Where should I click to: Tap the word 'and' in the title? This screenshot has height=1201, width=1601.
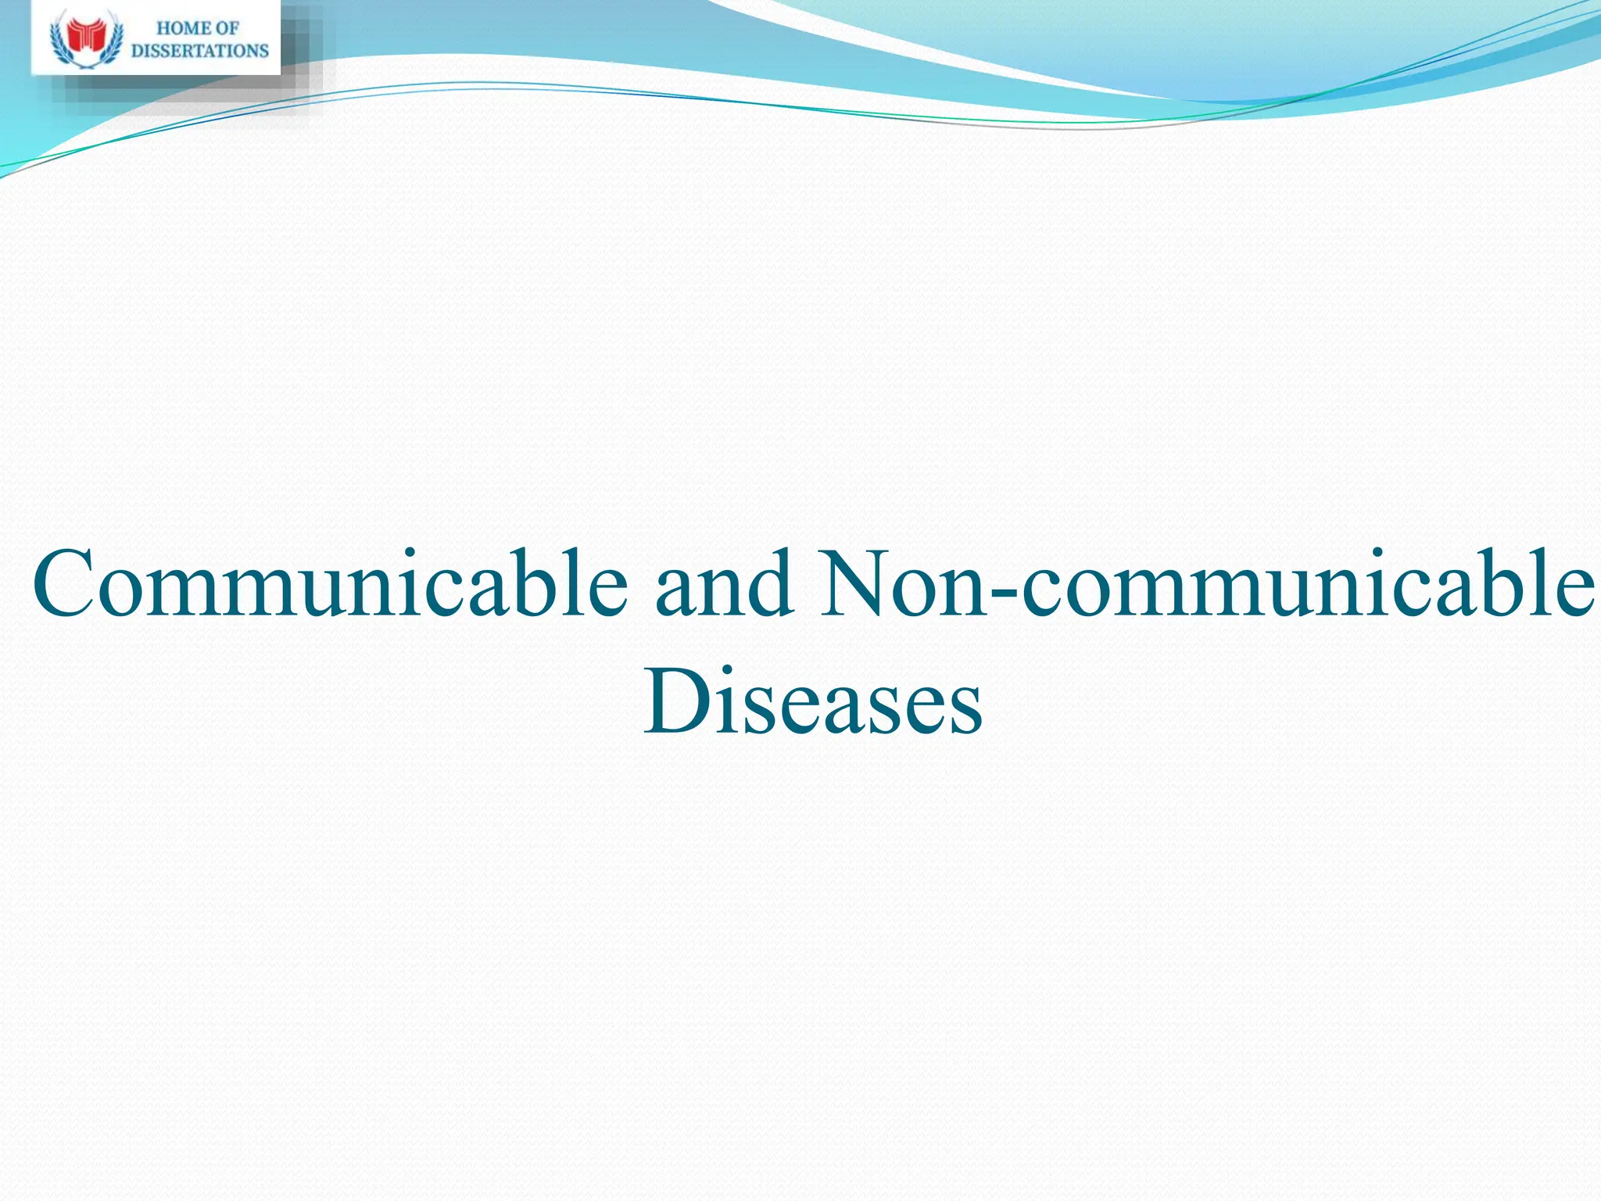[724, 585]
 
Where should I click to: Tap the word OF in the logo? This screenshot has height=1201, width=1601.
[227, 29]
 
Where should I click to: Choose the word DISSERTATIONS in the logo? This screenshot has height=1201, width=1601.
[200, 51]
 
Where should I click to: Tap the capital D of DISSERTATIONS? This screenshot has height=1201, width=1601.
[137, 51]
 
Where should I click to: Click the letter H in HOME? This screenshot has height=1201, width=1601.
[163, 29]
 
